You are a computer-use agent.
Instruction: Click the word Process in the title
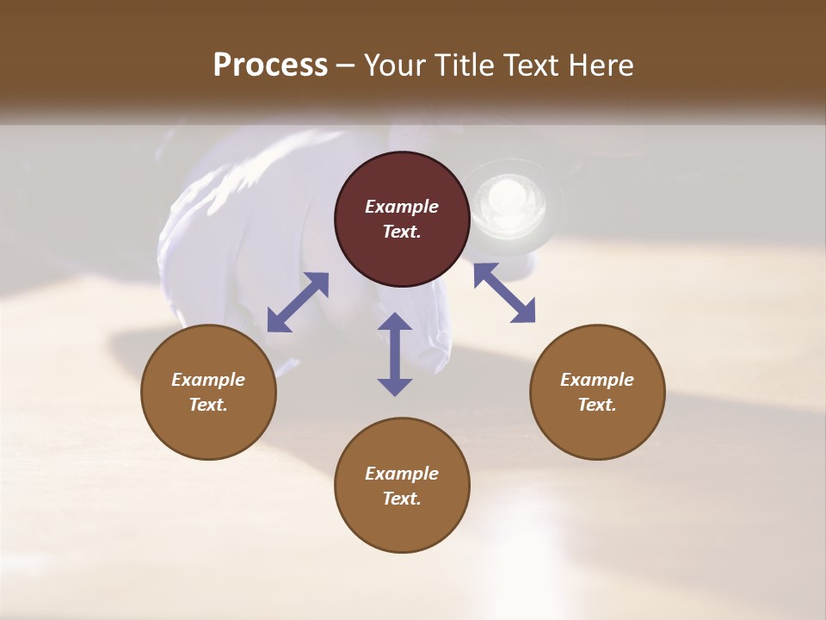(270, 65)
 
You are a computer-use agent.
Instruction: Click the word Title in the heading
(465, 65)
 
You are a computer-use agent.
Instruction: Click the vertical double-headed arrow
(395, 354)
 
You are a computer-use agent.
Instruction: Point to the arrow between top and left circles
(298, 302)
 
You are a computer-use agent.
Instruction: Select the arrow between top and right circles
(504, 293)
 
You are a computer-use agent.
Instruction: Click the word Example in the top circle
(402, 207)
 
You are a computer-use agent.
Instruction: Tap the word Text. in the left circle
(208, 405)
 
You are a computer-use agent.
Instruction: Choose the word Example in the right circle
(597, 380)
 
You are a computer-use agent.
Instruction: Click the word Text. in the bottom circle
(402, 499)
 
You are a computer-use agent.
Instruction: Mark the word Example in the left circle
(208, 380)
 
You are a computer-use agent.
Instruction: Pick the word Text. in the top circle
(402, 232)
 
